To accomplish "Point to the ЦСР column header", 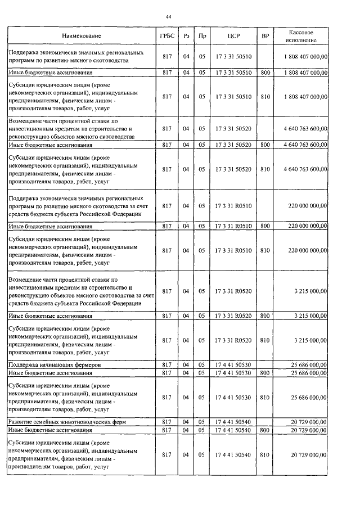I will point(233,35).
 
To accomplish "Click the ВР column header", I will point(265,35).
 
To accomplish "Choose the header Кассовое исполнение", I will point(304,35).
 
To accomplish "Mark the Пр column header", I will point(202,35).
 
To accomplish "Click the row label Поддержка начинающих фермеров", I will point(55,365).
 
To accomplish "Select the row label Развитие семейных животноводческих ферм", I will point(66,421).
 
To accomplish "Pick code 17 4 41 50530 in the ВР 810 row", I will point(233,397).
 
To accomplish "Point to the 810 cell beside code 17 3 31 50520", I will point(265,169).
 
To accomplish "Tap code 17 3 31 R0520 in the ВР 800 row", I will point(233,316).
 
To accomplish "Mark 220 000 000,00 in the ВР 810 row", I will point(307,250).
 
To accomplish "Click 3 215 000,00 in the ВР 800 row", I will point(310,316).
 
